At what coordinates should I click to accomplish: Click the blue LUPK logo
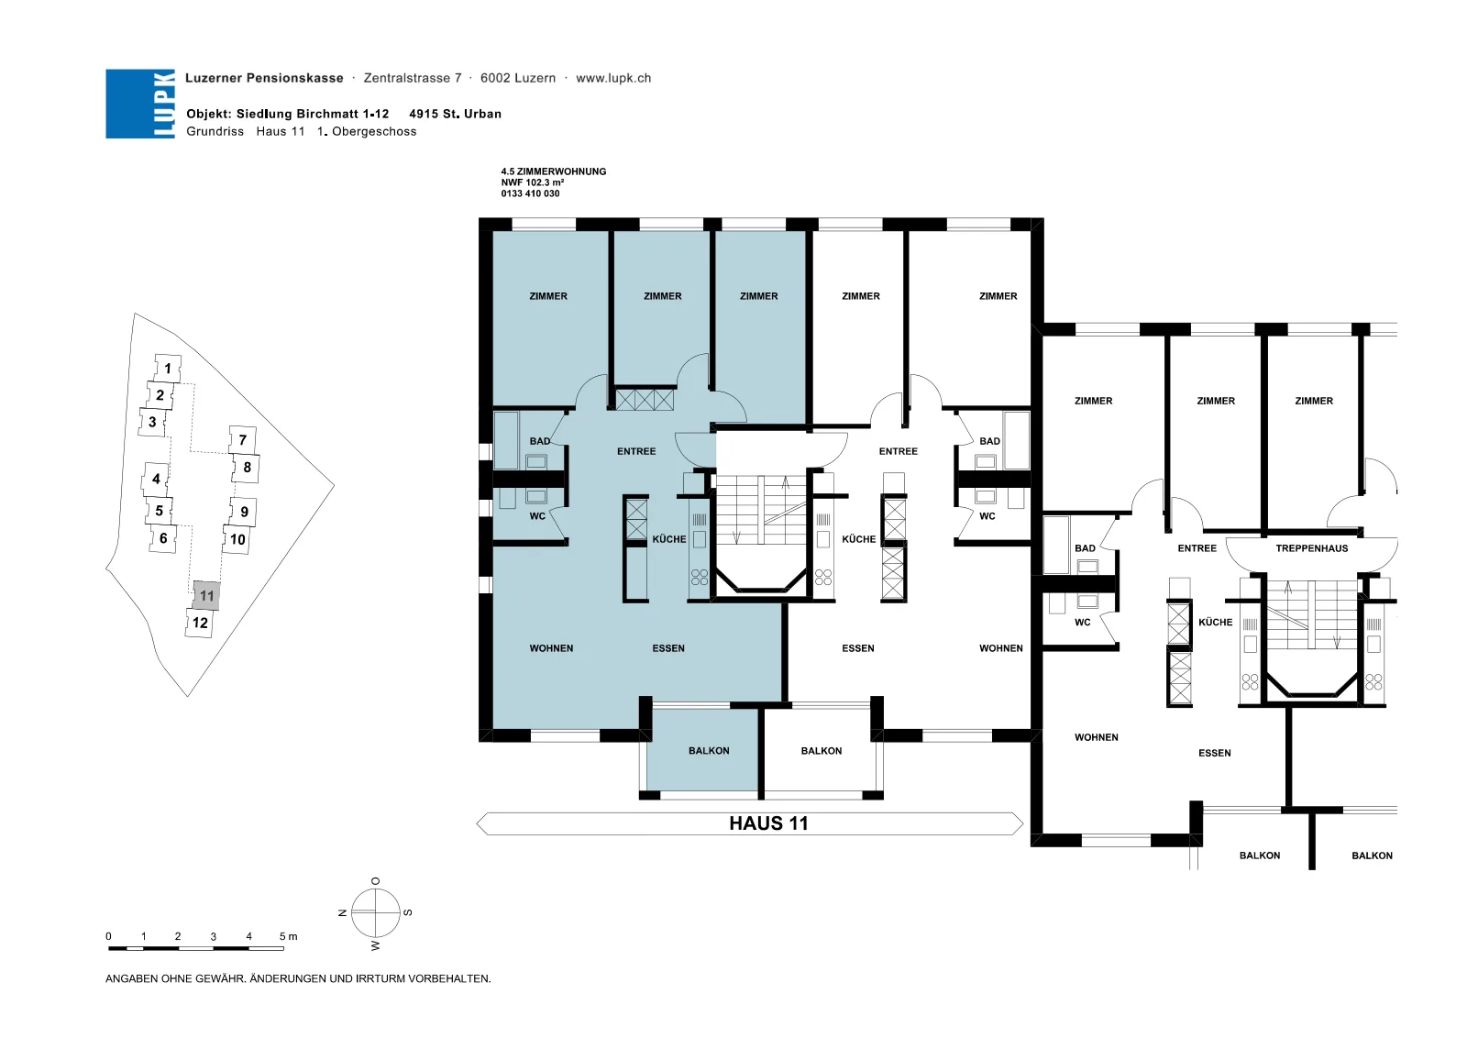(x=140, y=104)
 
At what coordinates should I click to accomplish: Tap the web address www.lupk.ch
(x=613, y=78)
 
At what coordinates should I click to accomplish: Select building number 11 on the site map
(x=206, y=595)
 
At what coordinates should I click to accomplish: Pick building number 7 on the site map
(x=242, y=439)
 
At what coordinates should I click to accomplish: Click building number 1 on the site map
(x=168, y=368)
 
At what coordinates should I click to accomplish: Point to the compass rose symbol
(x=375, y=912)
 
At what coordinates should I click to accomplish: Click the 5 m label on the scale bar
(x=288, y=936)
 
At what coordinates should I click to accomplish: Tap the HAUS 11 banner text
(x=768, y=823)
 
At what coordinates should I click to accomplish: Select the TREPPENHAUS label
(x=1311, y=548)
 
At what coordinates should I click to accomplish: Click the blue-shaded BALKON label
(x=709, y=750)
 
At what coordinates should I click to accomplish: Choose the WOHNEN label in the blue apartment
(x=551, y=648)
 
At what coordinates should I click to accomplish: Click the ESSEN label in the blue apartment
(x=668, y=648)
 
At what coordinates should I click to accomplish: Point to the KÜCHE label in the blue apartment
(x=668, y=539)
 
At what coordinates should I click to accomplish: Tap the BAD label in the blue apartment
(x=540, y=441)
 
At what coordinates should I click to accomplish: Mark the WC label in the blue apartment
(x=537, y=516)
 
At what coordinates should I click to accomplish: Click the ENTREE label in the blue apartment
(x=636, y=451)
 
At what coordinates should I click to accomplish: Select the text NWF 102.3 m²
(x=533, y=182)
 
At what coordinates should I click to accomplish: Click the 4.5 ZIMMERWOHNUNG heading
(x=554, y=171)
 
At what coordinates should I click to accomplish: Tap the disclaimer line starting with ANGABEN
(x=298, y=979)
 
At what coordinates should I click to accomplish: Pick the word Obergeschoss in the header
(x=374, y=132)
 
